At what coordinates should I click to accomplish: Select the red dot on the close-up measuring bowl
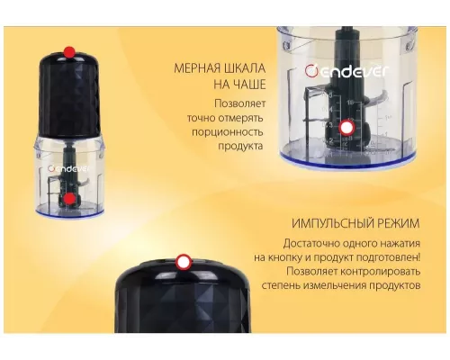click(x=346, y=129)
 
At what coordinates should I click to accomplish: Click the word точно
click(x=203, y=115)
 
